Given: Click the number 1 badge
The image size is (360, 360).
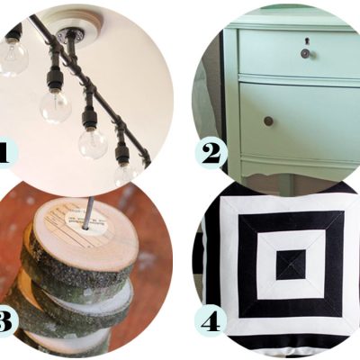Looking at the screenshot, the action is coord(7,153).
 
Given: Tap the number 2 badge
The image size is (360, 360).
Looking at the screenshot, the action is coord(211,155).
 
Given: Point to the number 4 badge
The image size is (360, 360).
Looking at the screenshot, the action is coord(211,323).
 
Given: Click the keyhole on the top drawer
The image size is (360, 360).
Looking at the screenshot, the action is coord(306,40).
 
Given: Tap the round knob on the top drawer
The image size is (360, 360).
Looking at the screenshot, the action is coord(305,53).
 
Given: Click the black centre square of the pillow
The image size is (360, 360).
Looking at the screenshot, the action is coord(291,265).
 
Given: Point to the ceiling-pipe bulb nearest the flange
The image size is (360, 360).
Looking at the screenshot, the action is coord(56,106).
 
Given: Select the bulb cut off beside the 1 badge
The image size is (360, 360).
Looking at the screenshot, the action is coord(13,58).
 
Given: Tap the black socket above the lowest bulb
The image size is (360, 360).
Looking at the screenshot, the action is coord(122,154).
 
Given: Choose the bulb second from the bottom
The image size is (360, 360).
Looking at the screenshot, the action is coord(93,144).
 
